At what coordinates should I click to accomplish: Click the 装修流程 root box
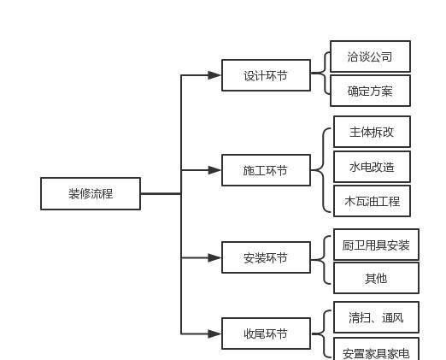tap(91, 194)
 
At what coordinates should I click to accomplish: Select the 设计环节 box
tap(266, 75)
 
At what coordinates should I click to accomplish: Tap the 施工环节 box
tap(266, 170)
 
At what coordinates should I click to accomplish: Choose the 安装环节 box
tap(266, 257)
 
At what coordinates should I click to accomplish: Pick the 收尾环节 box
tap(266, 333)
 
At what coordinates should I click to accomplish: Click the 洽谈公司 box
tap(370, 56)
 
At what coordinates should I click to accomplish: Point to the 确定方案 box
tap(370, 91)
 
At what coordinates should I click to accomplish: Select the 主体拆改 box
tap(372, 132)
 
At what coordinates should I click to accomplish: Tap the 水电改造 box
tap(372, 167)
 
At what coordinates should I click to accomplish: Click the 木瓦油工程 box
tap(372, 201)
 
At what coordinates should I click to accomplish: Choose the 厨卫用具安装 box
tap(376, 245)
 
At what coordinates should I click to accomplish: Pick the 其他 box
tap(376, 278)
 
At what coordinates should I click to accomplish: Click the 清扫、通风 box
tap(376, 317)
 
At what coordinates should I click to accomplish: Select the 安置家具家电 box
tap(376, 349)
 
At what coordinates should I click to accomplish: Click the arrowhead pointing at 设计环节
tap(214, 75)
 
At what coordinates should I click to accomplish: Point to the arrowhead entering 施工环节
tap(214, 170)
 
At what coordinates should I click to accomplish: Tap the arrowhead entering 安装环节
tap(214, 257)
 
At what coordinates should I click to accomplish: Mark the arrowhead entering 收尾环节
tap(214, 333)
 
